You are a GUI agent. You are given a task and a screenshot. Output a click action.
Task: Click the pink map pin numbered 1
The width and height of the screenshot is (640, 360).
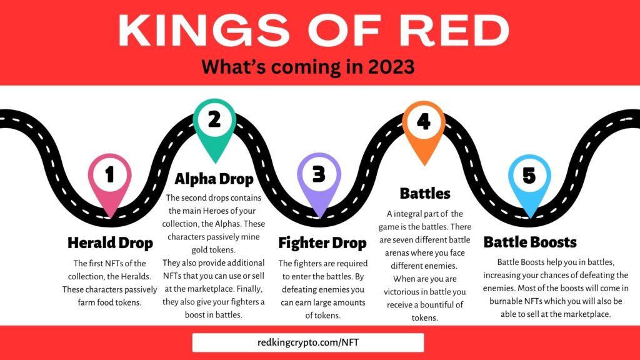110,179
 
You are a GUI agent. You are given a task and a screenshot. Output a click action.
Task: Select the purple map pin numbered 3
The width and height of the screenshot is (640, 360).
319,179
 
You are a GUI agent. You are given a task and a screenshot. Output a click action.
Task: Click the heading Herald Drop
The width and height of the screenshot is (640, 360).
110,243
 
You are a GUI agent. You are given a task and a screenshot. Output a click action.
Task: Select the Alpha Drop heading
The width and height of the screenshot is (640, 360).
214,179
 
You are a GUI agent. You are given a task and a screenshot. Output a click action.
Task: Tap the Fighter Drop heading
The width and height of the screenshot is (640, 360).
322,243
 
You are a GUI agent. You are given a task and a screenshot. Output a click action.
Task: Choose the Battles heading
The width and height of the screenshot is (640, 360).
425,194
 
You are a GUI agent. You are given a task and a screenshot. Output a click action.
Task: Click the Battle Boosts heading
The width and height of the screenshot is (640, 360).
530,242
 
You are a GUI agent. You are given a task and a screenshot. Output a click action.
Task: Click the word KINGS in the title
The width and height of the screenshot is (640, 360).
204,30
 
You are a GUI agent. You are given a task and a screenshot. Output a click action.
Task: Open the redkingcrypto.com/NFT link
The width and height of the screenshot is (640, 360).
308,342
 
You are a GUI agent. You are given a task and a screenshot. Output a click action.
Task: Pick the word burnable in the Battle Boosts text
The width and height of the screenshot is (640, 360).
506,301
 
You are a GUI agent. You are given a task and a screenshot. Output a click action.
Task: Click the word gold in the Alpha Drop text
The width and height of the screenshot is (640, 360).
199,250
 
